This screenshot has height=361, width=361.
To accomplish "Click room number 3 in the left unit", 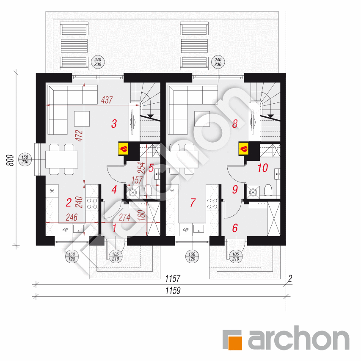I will (114, 124).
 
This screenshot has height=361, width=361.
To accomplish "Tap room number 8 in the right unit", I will (234, 124).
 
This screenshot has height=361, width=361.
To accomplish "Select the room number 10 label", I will (262, 168).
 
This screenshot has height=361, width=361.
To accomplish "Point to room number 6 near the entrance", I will (235, 228).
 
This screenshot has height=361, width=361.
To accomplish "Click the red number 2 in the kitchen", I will (68, 203).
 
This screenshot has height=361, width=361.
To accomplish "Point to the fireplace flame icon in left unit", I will (124, 149).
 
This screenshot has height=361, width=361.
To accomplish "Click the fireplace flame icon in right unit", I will (244, 149).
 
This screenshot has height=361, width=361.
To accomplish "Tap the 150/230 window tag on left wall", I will (25, 159).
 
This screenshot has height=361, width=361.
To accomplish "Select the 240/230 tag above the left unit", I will (98, 62).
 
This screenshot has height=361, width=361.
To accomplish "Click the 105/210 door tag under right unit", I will (235, 256).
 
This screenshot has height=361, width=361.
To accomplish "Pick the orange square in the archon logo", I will (232, 339).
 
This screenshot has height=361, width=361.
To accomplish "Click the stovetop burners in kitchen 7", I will (212, 204).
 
